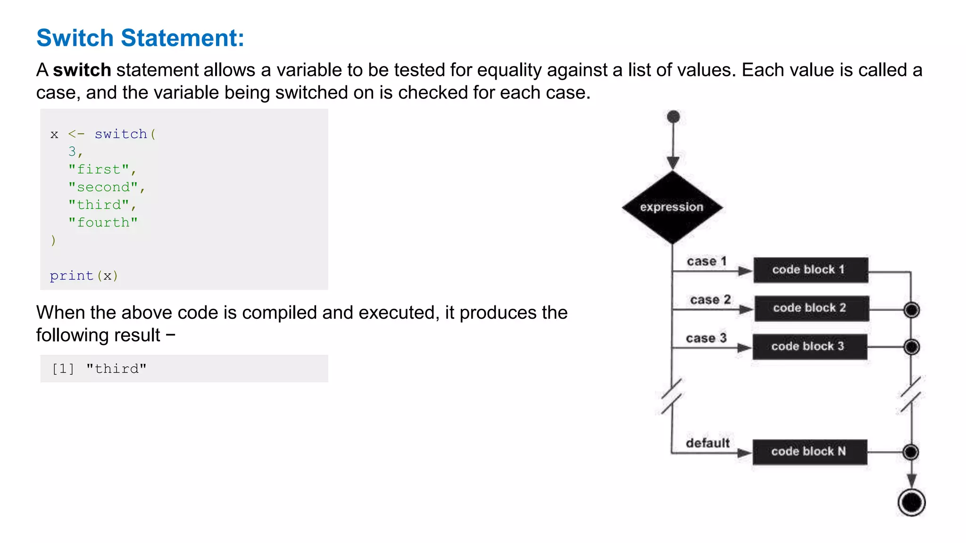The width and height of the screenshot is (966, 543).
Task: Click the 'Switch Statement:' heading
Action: [x=140, y=38]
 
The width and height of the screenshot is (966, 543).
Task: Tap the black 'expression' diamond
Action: [x=672, y=207]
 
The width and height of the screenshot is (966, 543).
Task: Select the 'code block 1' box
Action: [x=810, y=270]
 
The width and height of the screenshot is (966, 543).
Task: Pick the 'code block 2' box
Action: [x=811, y=308]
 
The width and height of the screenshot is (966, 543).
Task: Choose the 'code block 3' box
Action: [x=809, y=346]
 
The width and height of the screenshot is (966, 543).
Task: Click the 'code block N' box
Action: [x=809, y=452]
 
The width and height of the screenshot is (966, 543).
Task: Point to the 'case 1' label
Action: [x=707, y=261]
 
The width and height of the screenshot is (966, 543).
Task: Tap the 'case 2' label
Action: [x=710, y=300]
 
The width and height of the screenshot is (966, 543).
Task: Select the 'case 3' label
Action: [x=706, y=338]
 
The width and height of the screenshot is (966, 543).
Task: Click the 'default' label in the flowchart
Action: [x=708, y=443]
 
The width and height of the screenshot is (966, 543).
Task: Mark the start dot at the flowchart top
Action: [x=674, y=116]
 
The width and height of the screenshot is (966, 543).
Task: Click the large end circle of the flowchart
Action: [x=911, y=502]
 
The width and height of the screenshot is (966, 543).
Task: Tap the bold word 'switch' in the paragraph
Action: [x=82, y=70]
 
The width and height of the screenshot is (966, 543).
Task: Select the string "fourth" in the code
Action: [x=103, y=222]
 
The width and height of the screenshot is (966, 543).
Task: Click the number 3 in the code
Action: [x=72, y=151]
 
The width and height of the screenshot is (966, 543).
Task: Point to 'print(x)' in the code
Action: [x=84, y=276]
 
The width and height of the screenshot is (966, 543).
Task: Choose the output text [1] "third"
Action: [x=99, y=369]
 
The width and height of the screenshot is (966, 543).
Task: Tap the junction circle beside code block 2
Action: [x=911, y=310]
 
